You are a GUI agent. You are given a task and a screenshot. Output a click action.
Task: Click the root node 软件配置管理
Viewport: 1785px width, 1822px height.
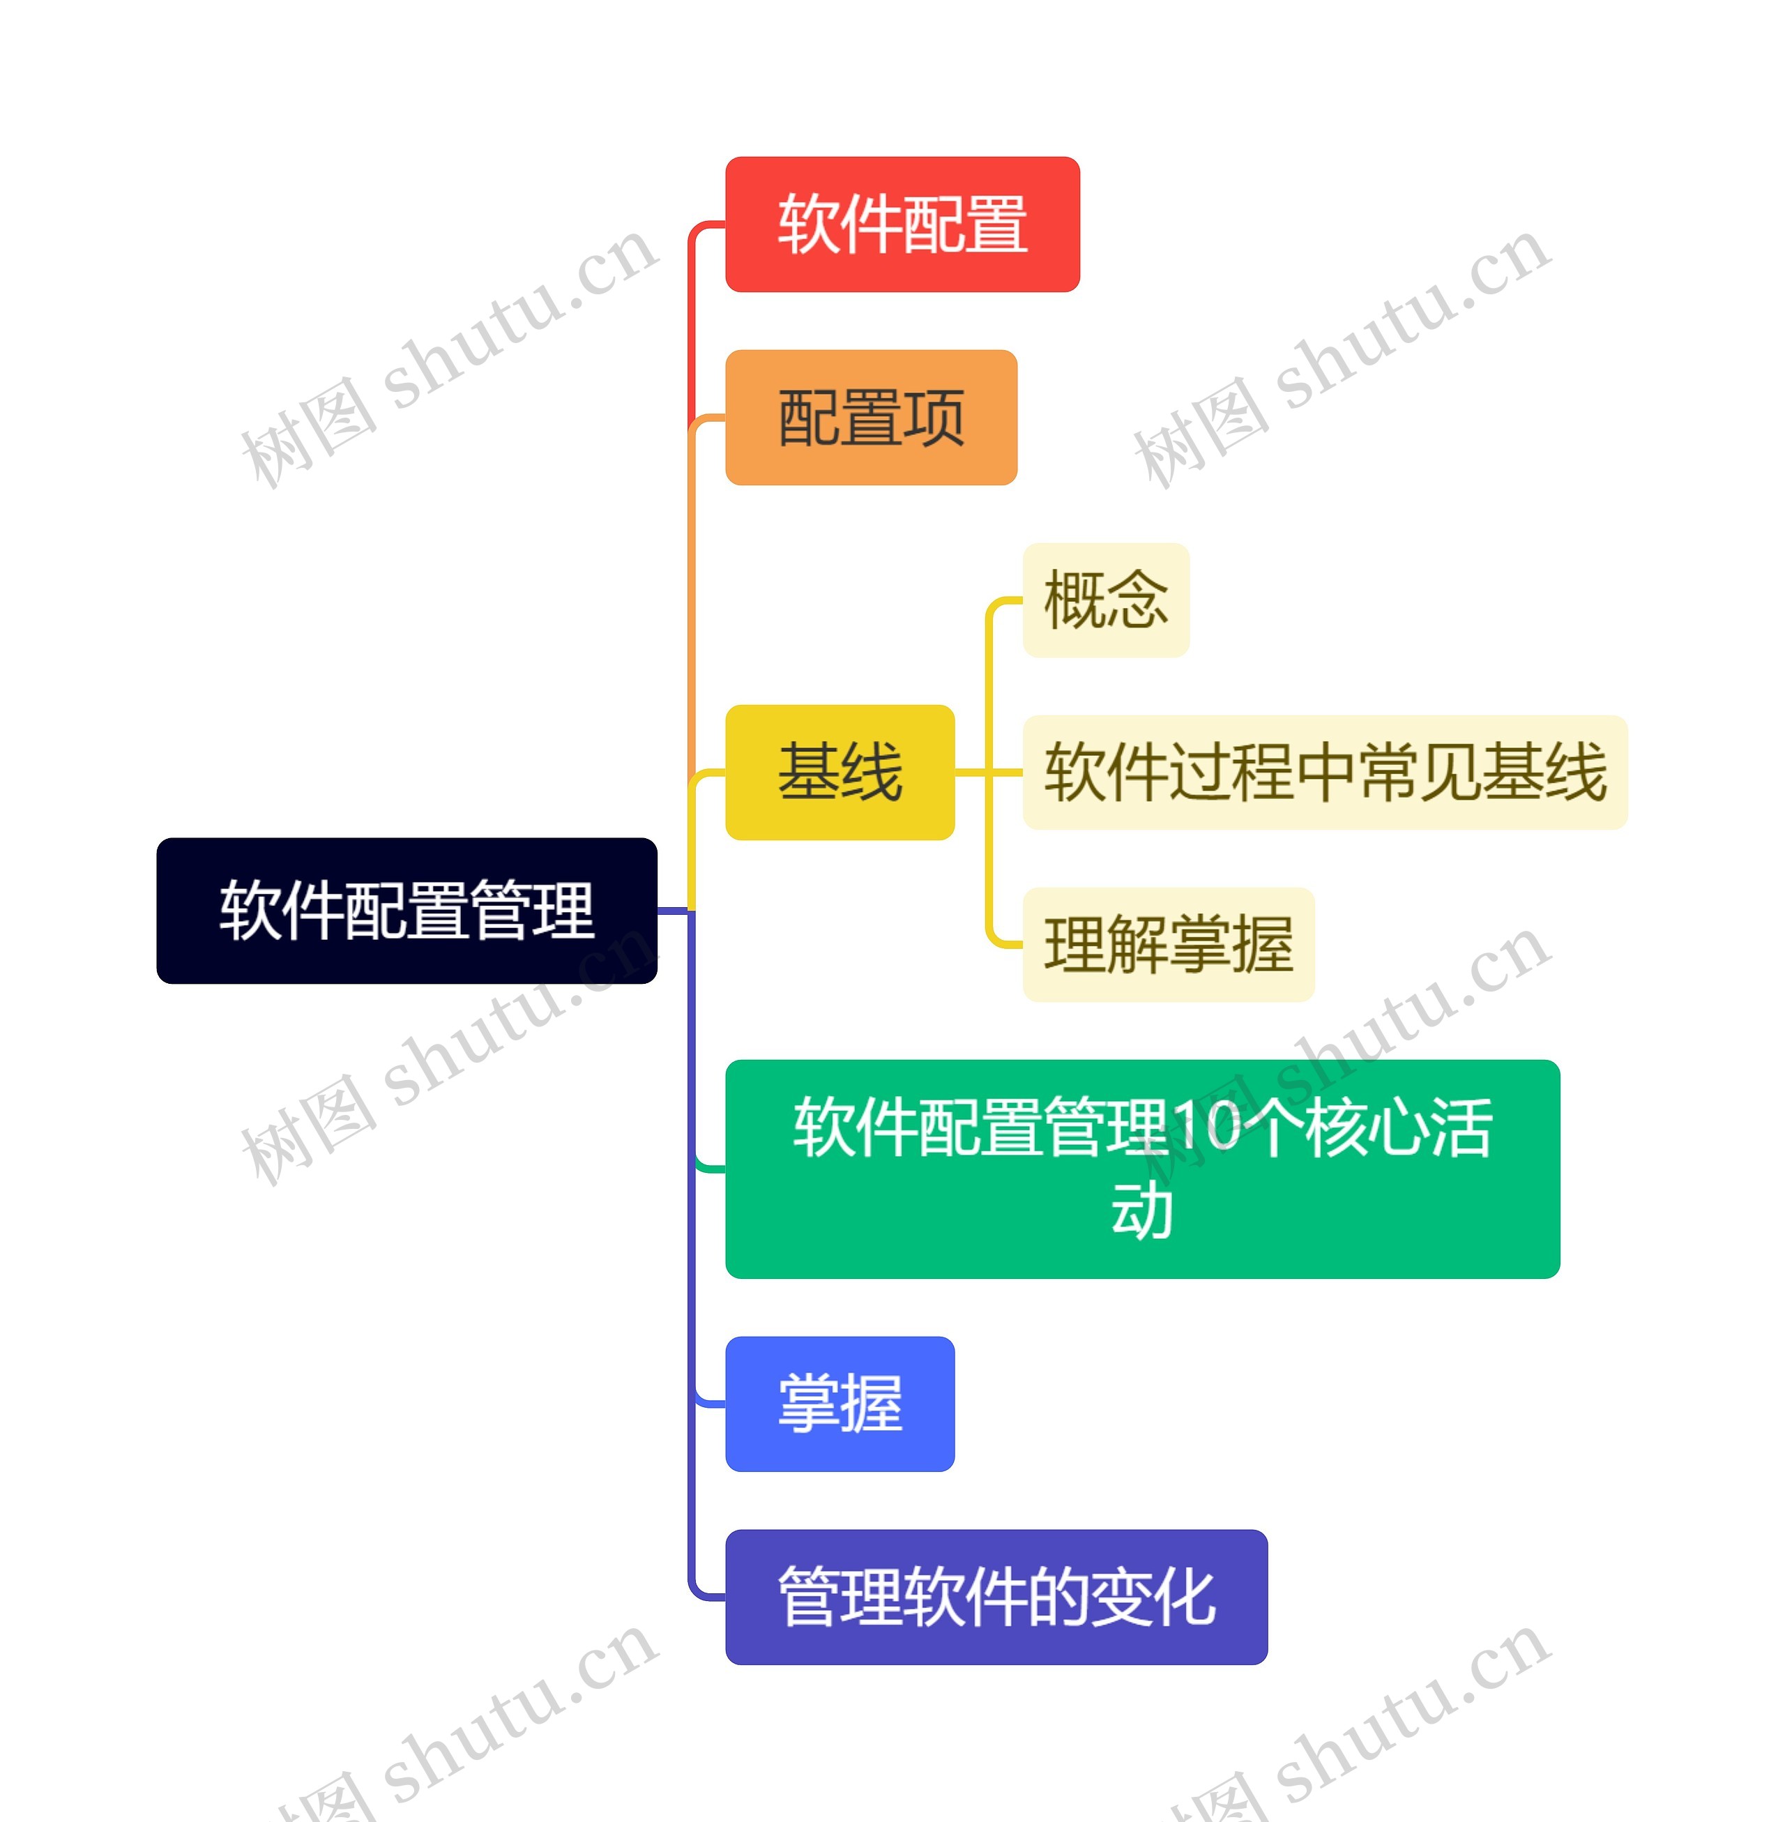click(406, 909)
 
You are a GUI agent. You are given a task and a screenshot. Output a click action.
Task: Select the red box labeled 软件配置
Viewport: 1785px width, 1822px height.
click(902, 224)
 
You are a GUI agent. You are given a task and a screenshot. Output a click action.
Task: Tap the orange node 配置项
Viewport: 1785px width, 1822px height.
click(870, 417)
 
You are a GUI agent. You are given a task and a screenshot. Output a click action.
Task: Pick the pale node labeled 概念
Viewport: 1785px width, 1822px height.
click(1105, 600)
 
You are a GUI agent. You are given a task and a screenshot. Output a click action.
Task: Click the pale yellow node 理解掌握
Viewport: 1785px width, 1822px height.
click(1168, 944)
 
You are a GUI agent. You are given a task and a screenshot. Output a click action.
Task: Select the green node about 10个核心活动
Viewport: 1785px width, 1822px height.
click(1142, 1169)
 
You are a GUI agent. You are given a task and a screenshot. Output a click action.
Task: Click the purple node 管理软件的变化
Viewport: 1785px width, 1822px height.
click(996, 1597)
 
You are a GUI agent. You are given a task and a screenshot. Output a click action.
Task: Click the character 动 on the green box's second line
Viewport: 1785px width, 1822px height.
click(1142, 1210)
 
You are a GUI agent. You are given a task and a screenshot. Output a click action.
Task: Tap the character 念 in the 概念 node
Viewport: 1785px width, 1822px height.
click(1137, 600)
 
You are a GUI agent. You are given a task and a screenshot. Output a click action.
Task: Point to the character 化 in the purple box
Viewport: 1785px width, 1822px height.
click(1185, 1597)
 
